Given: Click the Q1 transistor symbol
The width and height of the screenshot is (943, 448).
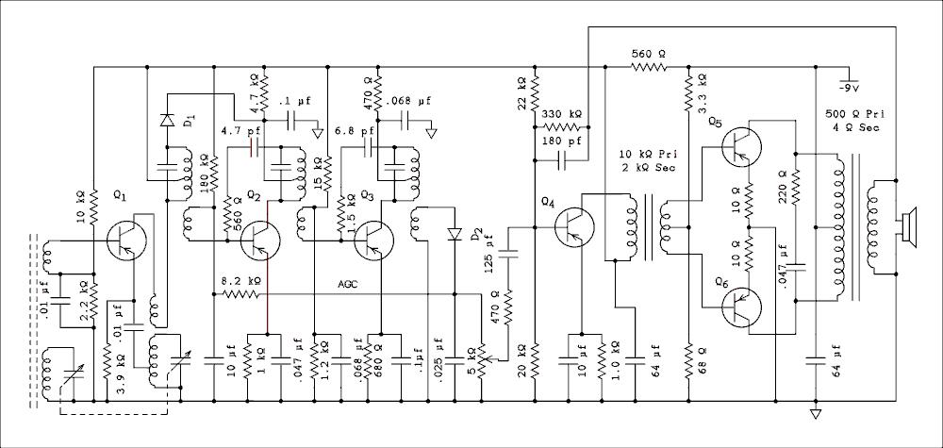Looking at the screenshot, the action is point(126,241).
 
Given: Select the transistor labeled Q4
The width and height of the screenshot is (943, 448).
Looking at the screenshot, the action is point(574,226).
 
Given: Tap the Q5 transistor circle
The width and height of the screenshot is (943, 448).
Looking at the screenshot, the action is point(741,146).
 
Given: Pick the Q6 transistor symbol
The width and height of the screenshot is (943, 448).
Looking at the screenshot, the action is point(741,307).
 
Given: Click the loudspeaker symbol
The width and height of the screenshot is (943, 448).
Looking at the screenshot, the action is point(907,227).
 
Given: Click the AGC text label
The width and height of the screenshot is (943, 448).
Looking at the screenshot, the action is point(348,285).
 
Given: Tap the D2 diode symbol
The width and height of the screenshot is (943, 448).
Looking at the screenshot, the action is point(455,233).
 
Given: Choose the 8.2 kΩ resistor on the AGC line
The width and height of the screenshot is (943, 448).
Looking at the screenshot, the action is point(240,294).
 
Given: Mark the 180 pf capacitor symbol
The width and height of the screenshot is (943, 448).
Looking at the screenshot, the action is point(562,160).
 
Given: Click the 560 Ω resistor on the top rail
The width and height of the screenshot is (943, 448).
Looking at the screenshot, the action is point(649,67).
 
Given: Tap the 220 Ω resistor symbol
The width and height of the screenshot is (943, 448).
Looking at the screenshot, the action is point(795,187).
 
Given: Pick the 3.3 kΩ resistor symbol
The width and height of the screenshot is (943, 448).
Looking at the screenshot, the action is point(687,93).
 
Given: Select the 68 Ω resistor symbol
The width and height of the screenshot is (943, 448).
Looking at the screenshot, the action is point(687,361).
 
